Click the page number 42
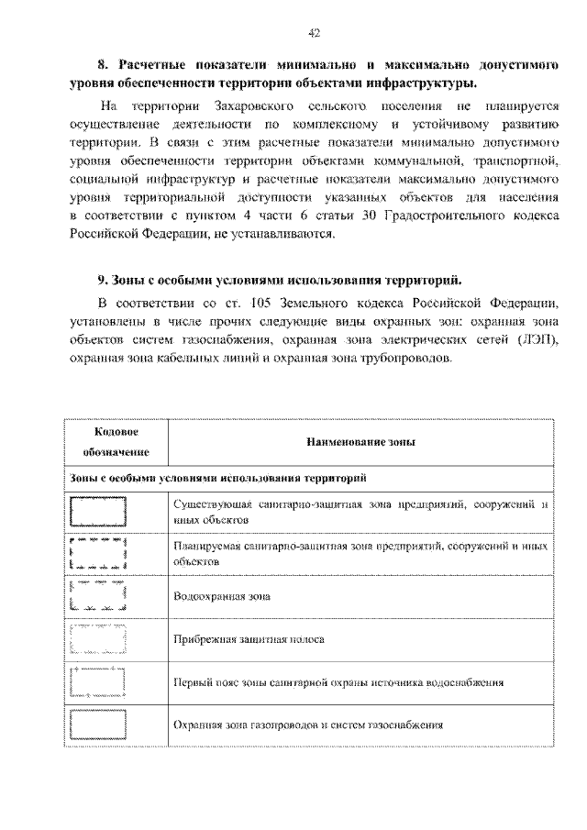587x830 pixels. click(313, 34)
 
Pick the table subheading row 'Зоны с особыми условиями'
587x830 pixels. click(220, 478)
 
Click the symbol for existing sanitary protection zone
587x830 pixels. click(98, 511)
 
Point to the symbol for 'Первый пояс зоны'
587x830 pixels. click(98, 681)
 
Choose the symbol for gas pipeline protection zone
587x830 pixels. click(98, 725)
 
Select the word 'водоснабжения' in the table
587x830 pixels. click(467, 682)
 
